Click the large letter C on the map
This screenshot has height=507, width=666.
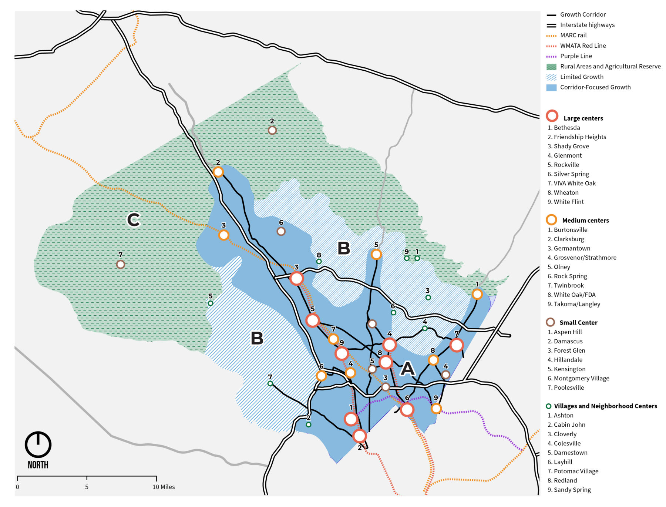[134, 220]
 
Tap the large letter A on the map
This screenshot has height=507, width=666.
[407, 368]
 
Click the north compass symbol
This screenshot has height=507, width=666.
[38, 445]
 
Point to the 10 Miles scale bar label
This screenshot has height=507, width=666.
[164, 487]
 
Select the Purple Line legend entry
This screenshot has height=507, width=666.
[576, 56]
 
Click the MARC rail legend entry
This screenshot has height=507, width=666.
[573, 35]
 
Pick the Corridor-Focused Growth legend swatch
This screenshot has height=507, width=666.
[551, 88]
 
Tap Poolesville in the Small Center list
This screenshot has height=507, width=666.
[569, 387]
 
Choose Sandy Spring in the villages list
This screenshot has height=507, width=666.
[572, 490]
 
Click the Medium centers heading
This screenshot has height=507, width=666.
[585, 221]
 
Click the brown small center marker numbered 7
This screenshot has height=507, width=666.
[120, 265]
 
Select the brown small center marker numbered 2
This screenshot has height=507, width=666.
[272, 130]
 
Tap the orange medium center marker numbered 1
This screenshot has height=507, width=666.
[477, 294]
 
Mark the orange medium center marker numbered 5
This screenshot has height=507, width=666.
[376, 255]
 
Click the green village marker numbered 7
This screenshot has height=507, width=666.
[270, 384]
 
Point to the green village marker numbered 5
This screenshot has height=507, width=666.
[211, 303]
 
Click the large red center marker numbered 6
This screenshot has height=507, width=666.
[407, 409]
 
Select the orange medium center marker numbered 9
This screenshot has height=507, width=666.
[436, 409]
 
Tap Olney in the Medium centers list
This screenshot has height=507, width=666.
[562, 267]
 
